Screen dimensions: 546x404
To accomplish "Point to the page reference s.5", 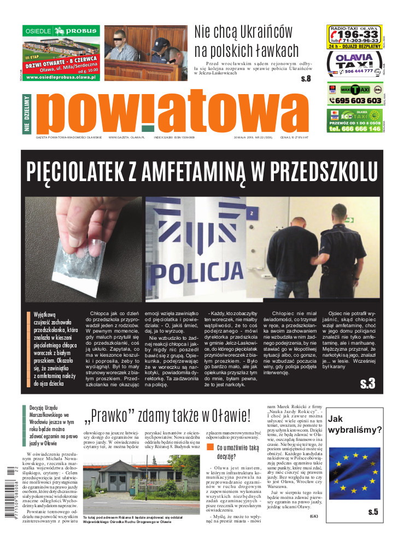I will (373, 512).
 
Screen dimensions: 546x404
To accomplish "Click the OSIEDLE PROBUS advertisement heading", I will (61, 31).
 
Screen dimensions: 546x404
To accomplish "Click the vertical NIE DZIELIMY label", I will (26, 113).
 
